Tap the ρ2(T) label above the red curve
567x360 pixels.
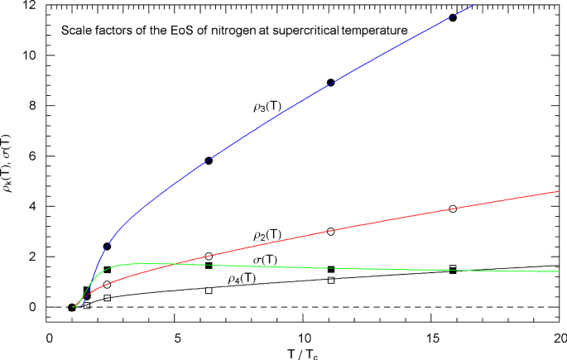267,235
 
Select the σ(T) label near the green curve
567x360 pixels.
264,260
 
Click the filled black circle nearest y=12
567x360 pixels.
453,17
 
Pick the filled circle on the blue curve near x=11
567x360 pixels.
331,83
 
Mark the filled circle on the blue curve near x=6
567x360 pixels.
209,161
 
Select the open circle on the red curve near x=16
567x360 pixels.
453,209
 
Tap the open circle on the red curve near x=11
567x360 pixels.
331,232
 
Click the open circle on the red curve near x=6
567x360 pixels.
209,257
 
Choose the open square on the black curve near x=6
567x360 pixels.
209,290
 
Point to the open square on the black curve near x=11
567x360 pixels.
331,280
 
